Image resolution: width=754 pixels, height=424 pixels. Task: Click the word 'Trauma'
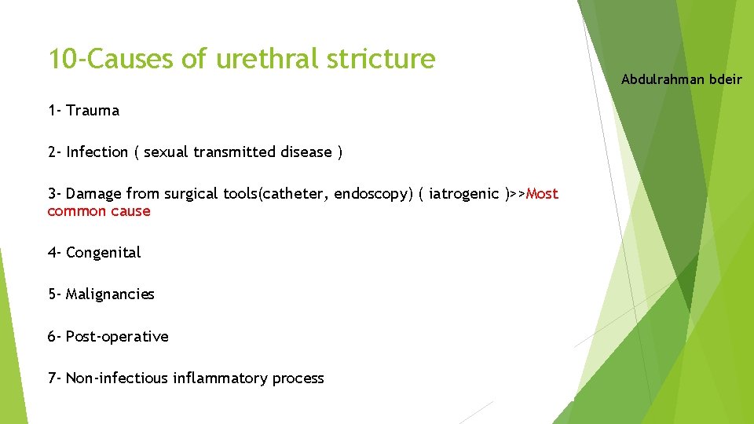click(x=93, y=111)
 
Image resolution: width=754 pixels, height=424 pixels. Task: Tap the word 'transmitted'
click(x=239, y=152)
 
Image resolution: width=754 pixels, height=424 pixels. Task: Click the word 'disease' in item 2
click(x=306, y=152)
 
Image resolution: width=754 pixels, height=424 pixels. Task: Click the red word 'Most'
click(x=542, y=194)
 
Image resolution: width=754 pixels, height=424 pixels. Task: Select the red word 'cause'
click(x=132, y=211)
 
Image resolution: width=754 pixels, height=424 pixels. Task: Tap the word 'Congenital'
click(x=103, y=253)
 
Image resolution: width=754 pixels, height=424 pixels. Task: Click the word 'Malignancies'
click(x=110, y=294)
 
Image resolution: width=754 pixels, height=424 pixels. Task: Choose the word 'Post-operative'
click(x=117, y=337)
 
